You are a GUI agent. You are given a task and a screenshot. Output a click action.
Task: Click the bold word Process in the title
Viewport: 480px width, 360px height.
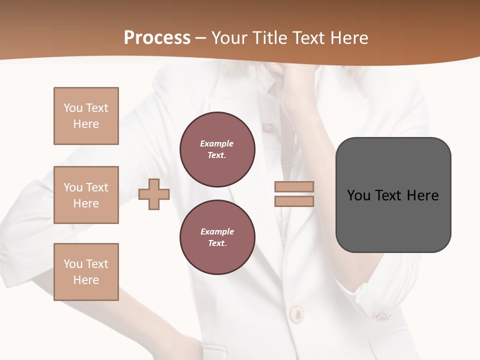point(157,38)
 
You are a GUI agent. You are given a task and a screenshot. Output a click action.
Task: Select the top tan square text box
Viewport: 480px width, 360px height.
point(86,116)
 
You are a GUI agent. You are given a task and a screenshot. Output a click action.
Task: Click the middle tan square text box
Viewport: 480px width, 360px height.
point(86,195)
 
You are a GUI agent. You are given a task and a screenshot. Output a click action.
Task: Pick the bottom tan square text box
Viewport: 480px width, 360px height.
point(86,272)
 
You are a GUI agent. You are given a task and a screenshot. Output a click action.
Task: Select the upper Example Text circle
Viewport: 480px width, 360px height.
point(217,149)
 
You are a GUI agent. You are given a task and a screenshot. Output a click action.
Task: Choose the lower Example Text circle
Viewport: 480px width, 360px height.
point(217,237)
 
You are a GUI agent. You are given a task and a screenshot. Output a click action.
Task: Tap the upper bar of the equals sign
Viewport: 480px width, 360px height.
point(294,187)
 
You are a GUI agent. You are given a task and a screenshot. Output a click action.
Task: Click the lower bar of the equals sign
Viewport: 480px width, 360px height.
point(294,201)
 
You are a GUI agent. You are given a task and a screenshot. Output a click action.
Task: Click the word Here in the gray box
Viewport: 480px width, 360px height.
point(422,195)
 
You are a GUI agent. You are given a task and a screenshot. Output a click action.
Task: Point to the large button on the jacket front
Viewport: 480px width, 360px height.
point(296,313)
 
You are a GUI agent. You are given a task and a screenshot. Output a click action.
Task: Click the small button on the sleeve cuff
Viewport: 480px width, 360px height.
point(382,316)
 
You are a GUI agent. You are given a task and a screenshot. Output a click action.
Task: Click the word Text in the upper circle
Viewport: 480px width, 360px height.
point(216,155)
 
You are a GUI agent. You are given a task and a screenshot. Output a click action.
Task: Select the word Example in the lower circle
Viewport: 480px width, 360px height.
point(217,231)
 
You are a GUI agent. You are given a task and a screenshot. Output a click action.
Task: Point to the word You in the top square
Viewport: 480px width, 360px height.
point(72,108)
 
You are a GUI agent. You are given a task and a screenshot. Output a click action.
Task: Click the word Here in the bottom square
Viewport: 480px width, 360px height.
point(86,280)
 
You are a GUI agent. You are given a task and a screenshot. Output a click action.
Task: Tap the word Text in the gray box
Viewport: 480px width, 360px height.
point(389,195)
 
